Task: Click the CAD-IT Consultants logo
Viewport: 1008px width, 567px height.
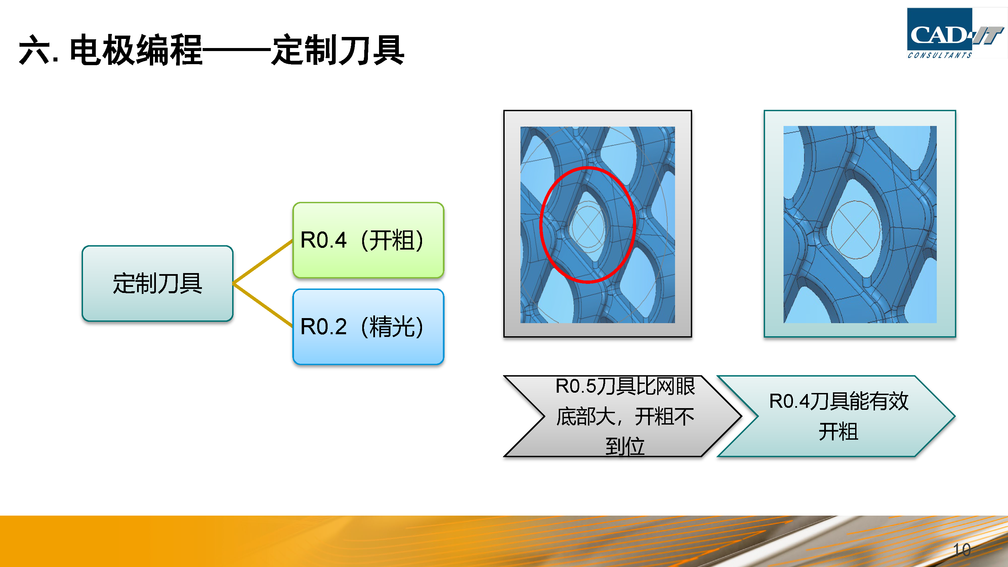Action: (955, 33)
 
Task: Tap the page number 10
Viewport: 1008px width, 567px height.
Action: (962, 550)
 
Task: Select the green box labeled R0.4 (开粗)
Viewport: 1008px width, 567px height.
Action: (368, 240)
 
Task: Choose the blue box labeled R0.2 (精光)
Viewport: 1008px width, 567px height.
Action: (368, 327)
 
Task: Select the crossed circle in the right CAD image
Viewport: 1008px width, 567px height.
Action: (856, 230)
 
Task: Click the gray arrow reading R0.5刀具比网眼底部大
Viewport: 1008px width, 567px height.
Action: (623, 416)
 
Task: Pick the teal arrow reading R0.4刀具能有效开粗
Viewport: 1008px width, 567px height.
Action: (836, 416)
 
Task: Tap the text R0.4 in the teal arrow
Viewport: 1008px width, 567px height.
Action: (789, 401)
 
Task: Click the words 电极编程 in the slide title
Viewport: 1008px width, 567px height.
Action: (136, 50)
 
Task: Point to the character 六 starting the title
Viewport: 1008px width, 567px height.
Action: (34, 50)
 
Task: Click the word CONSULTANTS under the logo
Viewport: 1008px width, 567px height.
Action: (939, 55)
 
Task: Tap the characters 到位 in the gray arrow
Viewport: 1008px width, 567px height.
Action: (625, 446)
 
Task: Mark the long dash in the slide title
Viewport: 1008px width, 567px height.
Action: (237, 50)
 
